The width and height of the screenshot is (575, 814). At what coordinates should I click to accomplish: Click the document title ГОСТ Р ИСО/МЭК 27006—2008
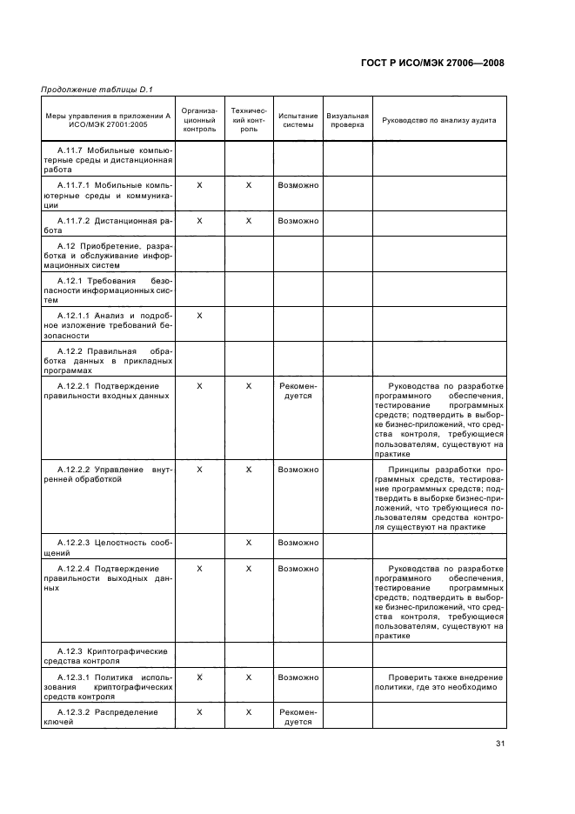pyautogui.click(x=431, y=63)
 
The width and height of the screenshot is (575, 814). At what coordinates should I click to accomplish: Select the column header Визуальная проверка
pyautogui.click(x=347, y=120)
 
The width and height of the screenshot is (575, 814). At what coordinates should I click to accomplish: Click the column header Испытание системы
pyautogui.click(x=298, y=120)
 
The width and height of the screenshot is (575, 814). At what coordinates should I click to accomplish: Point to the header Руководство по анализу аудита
pyautogui.click(x=438, y=120)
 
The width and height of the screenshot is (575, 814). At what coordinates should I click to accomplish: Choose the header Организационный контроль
pyautogui.click(x=199, y=120)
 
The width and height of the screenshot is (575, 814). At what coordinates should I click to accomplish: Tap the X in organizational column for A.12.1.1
pyautogui.click(x=199, y=315)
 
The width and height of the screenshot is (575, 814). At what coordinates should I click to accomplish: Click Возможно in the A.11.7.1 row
pyautogui.click(x=298, y=185)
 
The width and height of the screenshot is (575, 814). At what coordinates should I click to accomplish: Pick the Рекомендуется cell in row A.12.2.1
pyautogui.click(x=298, y=390)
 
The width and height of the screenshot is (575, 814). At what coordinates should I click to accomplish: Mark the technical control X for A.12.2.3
pyautogui.click(x=249, y=543)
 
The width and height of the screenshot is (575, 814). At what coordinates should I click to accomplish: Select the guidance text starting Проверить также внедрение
pyautogui.click(x=438, y=682)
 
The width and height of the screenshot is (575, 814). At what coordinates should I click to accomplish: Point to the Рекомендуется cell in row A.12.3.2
pyautogui.click(x=298, y=717)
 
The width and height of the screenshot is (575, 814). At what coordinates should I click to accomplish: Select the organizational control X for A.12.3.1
pyautogui.click(x=199, y=677)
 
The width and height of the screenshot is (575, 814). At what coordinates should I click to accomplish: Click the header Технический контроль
pyautogui.click(x=249, y=120)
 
